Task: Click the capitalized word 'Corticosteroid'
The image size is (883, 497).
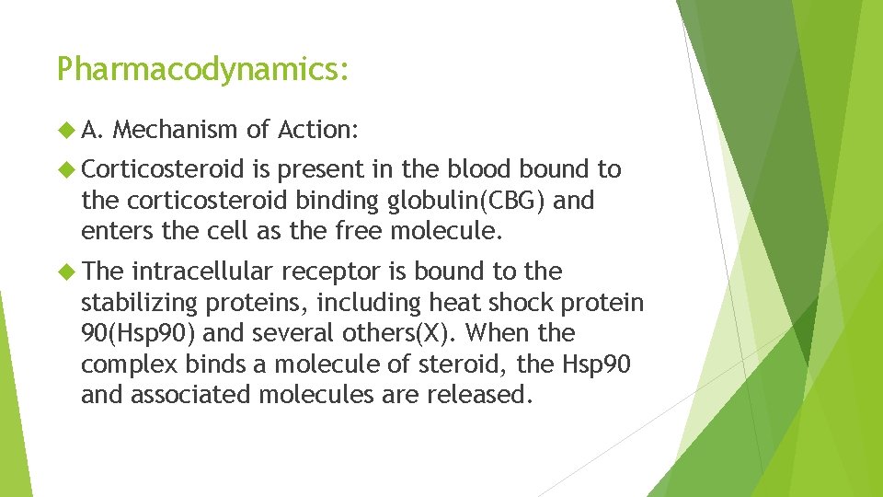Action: [x=162, y=170]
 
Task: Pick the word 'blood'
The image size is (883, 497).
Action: [x=479, y=170]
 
